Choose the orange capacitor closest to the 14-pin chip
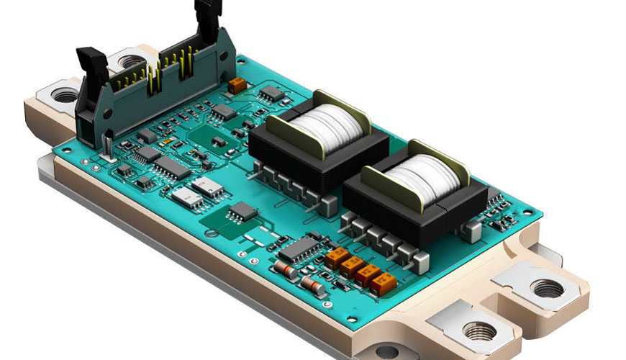click(337, 257)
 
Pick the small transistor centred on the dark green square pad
click(218, 141)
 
